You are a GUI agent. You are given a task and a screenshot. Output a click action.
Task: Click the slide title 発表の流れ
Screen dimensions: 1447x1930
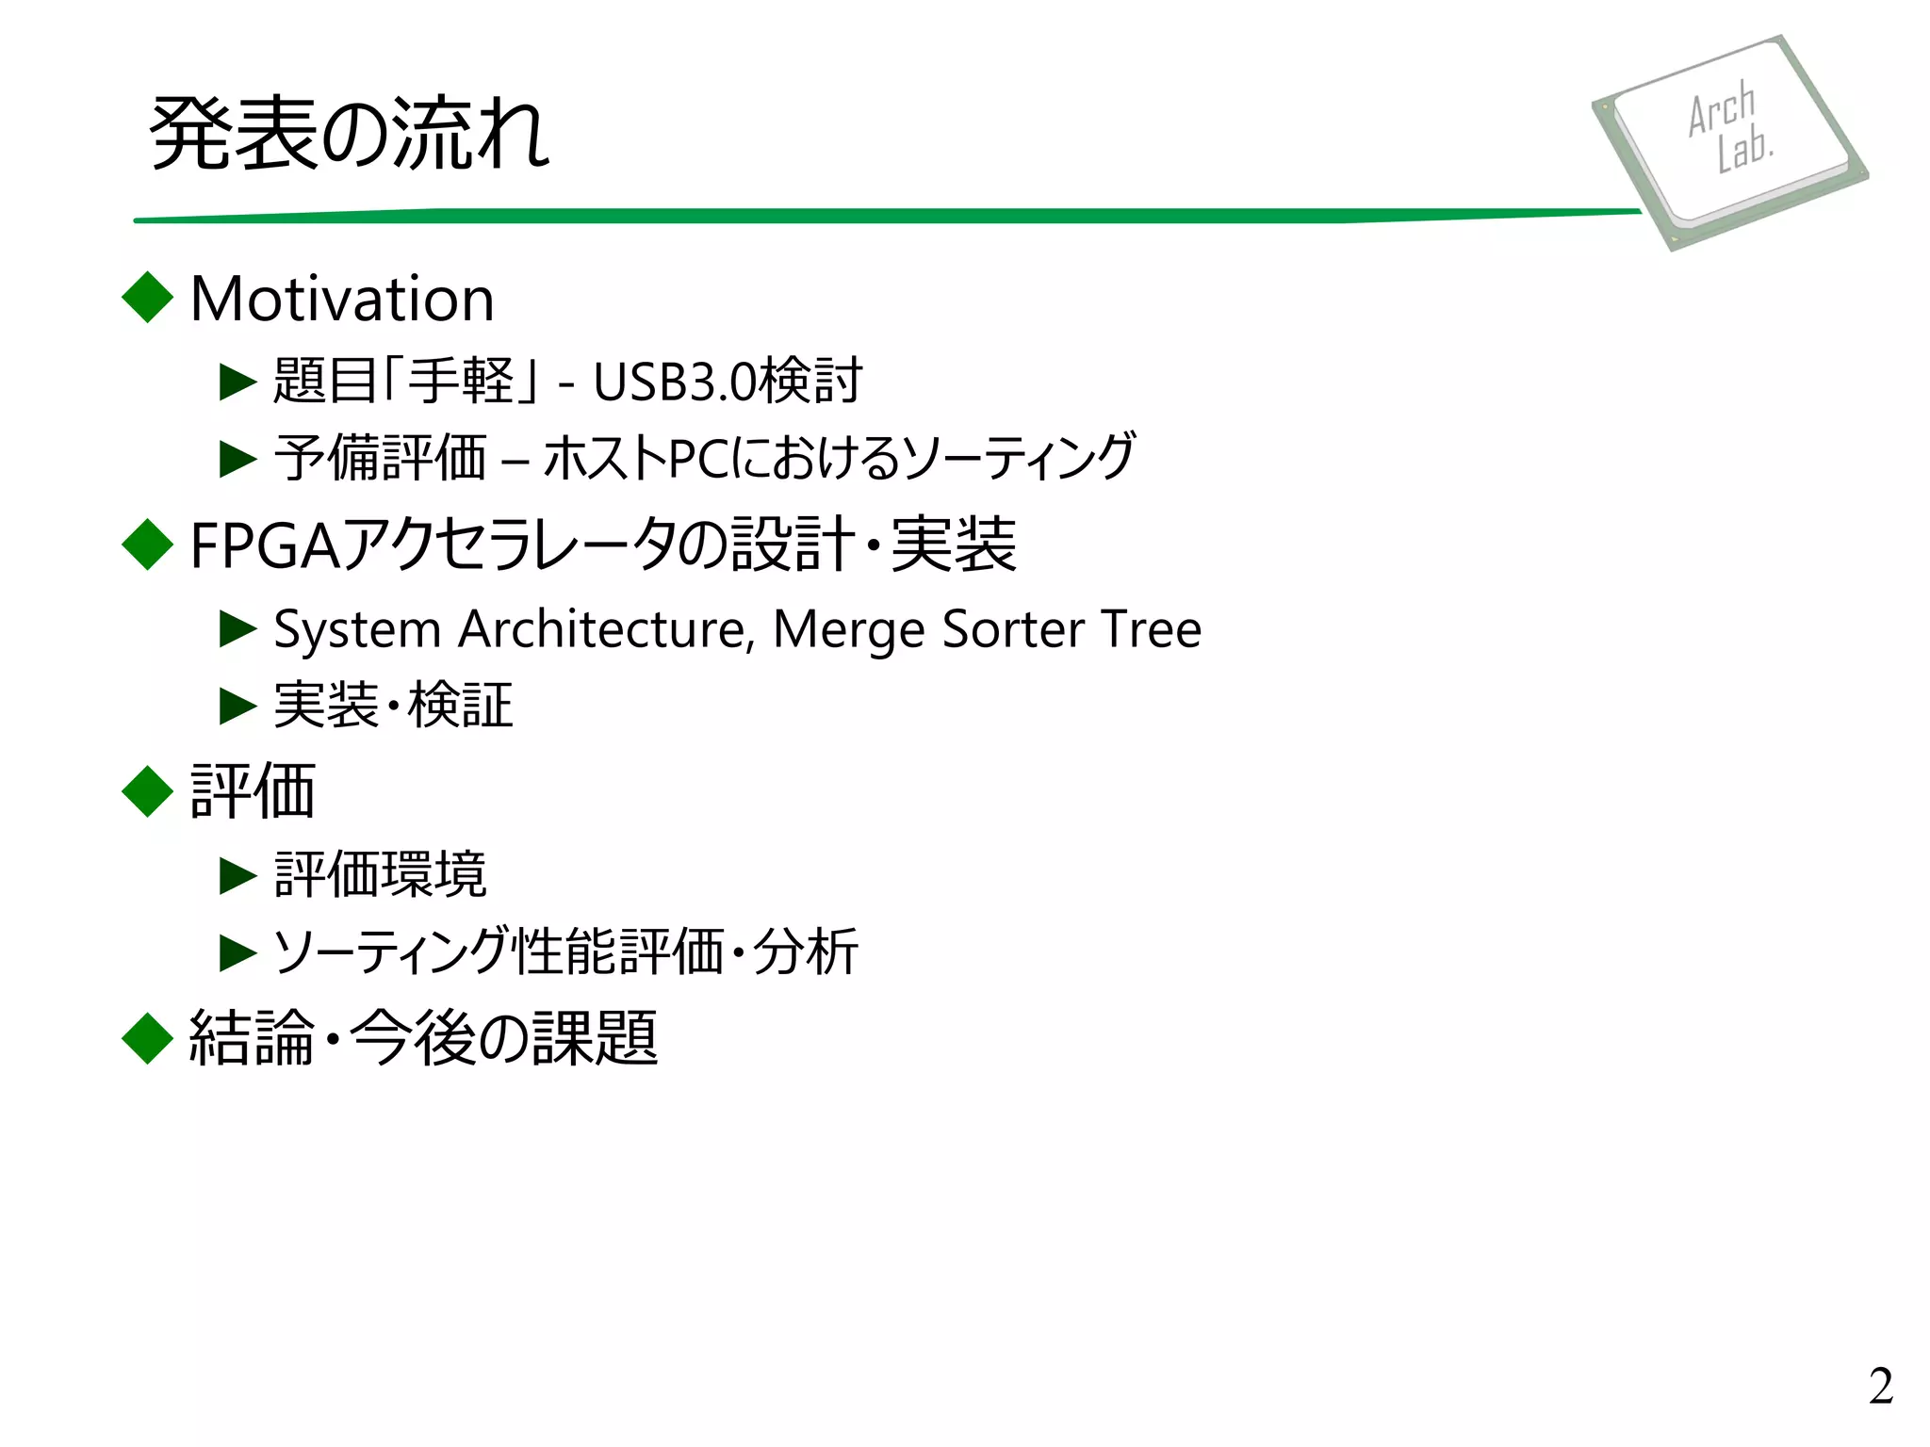349,134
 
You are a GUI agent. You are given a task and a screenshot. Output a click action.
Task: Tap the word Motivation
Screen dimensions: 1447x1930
342,300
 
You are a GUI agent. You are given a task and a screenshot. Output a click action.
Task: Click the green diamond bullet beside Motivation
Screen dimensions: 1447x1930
148,298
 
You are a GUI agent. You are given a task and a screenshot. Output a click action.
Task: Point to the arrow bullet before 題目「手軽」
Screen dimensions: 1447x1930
237,382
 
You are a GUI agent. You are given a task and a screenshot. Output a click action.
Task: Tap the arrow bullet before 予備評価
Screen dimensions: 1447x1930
237,460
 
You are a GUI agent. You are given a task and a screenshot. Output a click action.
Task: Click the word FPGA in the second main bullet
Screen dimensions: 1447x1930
265,546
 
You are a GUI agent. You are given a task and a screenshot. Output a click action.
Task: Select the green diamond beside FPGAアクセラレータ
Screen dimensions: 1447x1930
148,545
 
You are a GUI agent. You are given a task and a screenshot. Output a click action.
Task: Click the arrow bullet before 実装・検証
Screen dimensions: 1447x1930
237,706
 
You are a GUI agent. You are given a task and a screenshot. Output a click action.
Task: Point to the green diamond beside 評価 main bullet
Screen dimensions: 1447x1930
148,791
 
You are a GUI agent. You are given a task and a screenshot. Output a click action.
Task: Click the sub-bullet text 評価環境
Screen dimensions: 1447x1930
380,875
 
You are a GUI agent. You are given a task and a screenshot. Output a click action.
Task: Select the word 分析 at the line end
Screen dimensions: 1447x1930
806,951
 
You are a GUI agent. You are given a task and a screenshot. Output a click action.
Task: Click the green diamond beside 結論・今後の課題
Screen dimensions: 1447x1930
148,1038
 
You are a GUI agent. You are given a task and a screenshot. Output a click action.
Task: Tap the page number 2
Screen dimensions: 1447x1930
1880,1386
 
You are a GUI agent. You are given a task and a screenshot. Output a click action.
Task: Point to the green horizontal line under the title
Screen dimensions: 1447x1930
886,216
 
